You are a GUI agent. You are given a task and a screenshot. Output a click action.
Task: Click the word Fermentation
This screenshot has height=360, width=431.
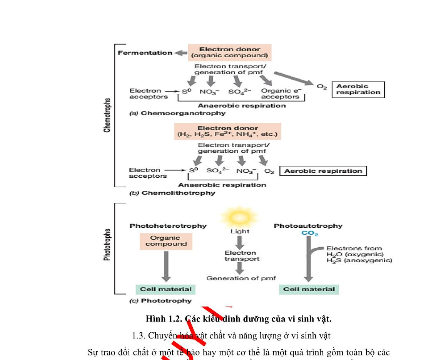(x=145, y=53)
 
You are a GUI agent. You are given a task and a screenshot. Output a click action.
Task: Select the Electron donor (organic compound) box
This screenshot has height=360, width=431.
(x=229, y=53)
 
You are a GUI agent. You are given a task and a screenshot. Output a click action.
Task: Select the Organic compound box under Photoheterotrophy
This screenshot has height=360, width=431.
(x=166, y=241)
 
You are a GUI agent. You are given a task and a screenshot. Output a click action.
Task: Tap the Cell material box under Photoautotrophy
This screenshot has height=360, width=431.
(x=309, y=289)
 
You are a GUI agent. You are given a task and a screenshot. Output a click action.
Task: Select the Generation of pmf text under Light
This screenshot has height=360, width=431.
(x=241, y=278)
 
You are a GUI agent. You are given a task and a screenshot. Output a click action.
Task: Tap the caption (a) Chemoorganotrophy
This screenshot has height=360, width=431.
(x=177, y=113)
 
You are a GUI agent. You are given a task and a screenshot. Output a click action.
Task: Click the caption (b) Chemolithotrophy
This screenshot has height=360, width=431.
(x=172, y=193)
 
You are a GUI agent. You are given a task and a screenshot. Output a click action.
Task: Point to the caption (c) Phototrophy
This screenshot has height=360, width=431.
(x=160, y=301)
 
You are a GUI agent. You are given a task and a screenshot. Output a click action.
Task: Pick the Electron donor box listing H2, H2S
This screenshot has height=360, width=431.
(x=227, y=132)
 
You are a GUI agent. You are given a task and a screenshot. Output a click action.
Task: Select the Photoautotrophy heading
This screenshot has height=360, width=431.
(x=308, y=226)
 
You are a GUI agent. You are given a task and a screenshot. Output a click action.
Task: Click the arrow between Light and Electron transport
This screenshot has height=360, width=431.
(x=240, y=242)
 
